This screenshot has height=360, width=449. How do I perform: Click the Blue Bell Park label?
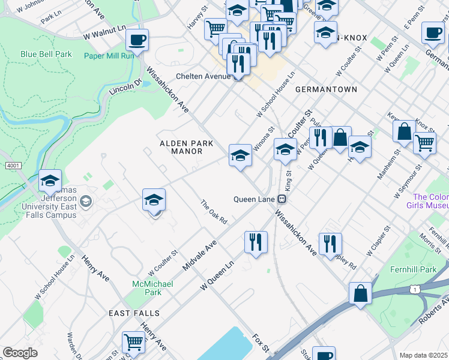coord(46,54)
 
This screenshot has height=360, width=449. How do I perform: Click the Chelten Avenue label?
coord(203,76)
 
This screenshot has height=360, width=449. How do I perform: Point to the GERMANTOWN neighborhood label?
coord(326,89)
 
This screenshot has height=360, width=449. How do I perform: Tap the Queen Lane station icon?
coord(280,199)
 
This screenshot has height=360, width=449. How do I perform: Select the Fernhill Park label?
coord(416,269)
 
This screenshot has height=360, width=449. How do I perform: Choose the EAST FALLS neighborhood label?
coord(134,313)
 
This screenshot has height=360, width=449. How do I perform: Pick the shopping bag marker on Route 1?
coord(360,294)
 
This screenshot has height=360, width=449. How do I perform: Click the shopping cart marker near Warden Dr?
coord(133,343)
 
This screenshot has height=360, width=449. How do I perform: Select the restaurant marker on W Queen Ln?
coord(256,242)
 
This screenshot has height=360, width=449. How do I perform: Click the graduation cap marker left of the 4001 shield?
coord(50,181)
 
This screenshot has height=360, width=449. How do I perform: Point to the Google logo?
coord(20,352)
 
